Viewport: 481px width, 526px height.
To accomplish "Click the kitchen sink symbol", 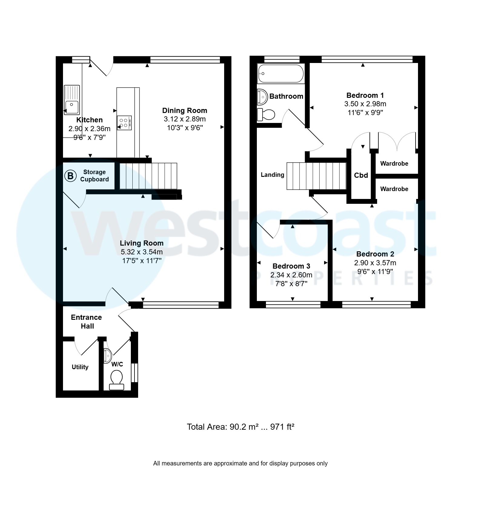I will click(72, 100).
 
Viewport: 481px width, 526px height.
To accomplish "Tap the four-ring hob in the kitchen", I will click(124, 123).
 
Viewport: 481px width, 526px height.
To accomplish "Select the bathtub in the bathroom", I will click(280, 73).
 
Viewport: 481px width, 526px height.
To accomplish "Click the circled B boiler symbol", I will click(70, 176).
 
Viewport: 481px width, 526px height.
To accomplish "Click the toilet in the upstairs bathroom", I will click(266, 114).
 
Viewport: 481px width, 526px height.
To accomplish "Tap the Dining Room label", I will click(184, 111).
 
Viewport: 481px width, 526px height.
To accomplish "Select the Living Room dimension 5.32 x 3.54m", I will click(141, 252).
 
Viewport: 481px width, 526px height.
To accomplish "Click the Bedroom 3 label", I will click(291, 266).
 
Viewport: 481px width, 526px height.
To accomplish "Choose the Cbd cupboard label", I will click(361, 175).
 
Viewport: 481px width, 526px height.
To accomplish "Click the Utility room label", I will click(80, 367).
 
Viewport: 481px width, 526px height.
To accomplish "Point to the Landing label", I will click(272, 175).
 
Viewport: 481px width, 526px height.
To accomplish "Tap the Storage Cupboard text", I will click(94, 176).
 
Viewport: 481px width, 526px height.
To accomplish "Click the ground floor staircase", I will click(148, 176).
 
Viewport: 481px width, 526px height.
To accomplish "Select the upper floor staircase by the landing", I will click(316, 176).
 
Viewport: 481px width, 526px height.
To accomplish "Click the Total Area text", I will click(240, 427).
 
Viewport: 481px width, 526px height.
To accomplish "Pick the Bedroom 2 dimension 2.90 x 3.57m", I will click(375, 263).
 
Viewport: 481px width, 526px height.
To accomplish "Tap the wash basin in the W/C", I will click(108, 356).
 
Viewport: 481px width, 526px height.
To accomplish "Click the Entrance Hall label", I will click(87, 322).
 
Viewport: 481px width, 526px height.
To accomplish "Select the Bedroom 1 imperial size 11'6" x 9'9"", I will click(365, 113).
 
